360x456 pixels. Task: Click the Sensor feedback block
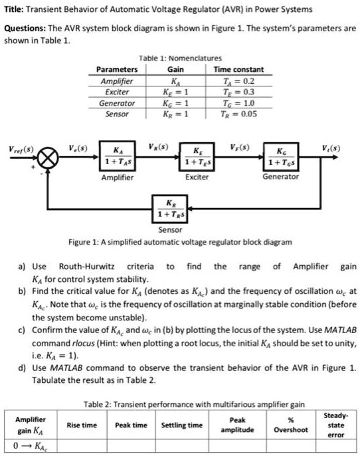(171, 209)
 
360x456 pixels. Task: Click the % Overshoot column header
(291, 425)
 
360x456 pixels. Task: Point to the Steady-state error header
(339, 425)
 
